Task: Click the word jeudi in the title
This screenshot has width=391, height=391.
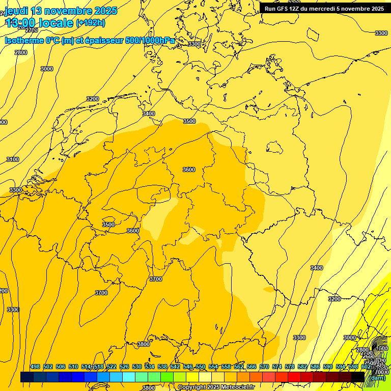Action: click(x=16, y=11)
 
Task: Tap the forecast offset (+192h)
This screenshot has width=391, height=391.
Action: click(x=91, y=23)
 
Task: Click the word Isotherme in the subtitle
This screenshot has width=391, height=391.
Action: click(x=23, y=40)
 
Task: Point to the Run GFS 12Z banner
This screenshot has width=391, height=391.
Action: click(x=324, y=9)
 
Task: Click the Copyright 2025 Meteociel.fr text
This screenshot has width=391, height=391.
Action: click(x=216, y=387)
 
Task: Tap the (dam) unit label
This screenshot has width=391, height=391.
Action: click(x=378, y=378)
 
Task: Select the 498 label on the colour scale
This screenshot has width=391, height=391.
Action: click(x=35, y=367)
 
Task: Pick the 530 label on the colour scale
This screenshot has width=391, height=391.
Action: click(x=137, y=367)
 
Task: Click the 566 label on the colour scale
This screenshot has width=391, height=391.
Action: click(x=252, y=367)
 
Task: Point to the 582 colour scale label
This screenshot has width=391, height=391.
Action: click(x=302, y=367)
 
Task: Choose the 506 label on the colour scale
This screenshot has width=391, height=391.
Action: click(x=61, y=367)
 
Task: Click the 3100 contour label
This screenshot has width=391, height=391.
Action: click(x=13, y=159)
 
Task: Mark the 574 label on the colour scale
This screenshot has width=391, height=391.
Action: click(x=277, y=367)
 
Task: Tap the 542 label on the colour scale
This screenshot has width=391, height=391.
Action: click(x=175, y=367)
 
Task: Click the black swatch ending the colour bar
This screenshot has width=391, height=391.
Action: click(x=358, y=377)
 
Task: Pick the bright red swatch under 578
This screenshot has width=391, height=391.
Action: click(x=294, y=377)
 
